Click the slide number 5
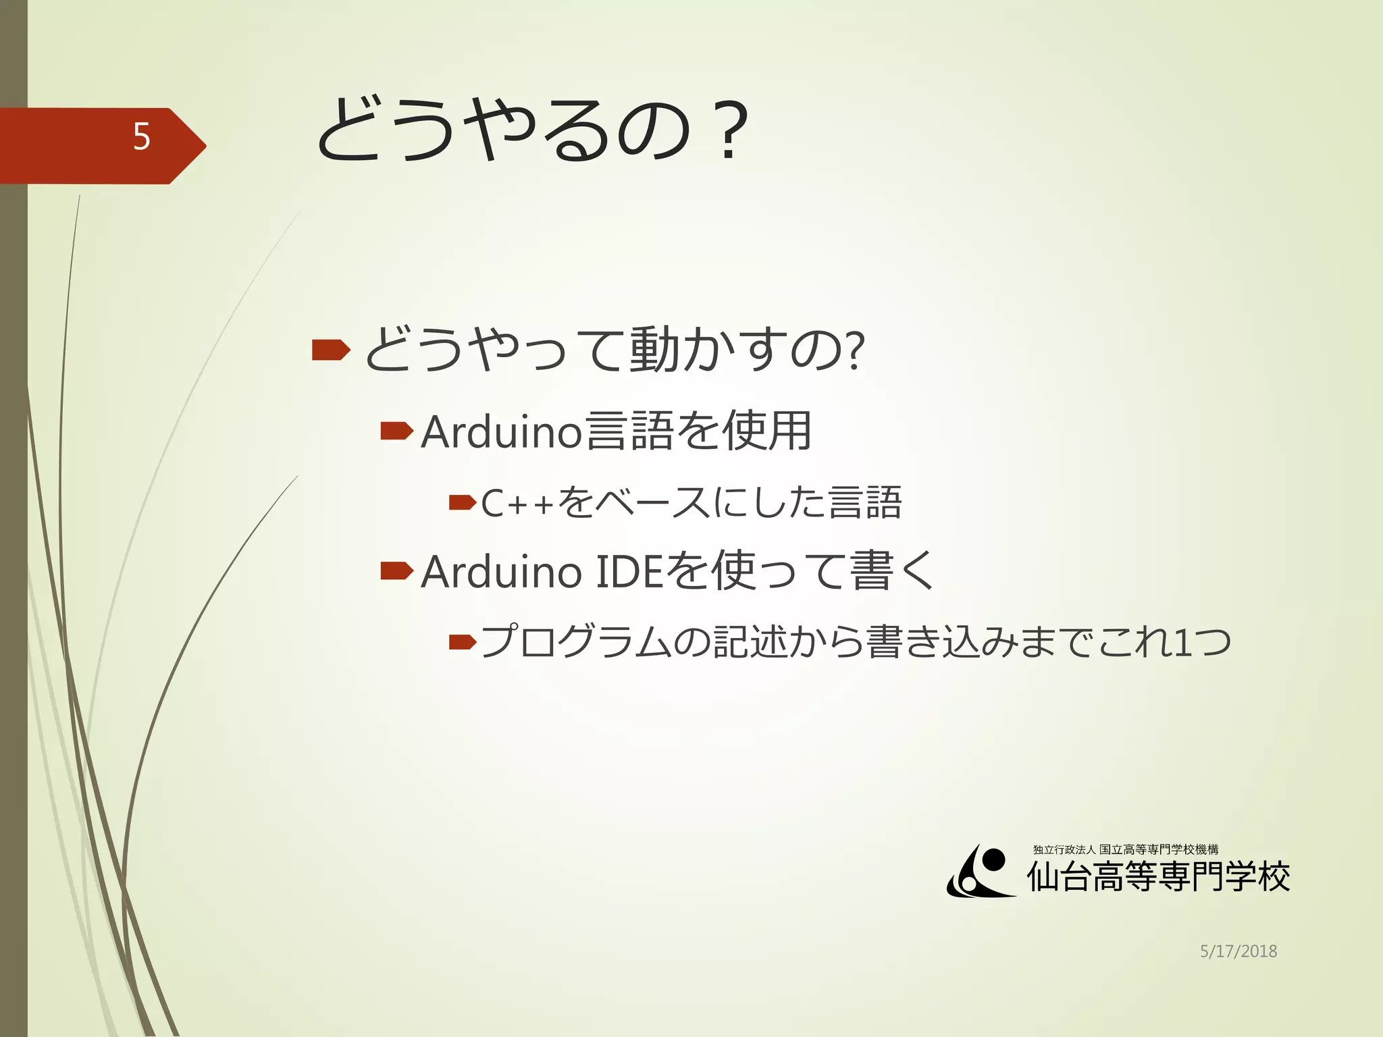coord(141,137)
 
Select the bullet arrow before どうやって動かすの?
coord(331,350)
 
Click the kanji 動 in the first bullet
coord(654,350)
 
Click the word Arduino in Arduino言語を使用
coord(501,431)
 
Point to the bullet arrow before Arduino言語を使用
coord(396,431)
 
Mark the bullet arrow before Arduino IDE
coord(396,571)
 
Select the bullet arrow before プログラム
coord(463,641)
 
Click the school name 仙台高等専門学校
coord(1158,877)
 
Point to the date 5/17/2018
coord(1238,951)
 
